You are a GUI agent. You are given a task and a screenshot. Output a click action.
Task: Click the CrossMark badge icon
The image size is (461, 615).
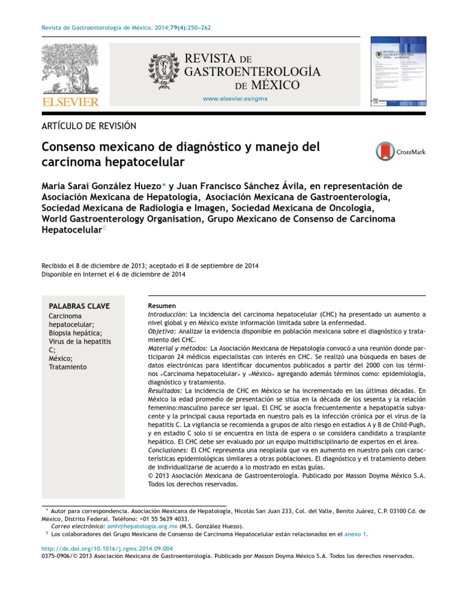click(x=385, y=151)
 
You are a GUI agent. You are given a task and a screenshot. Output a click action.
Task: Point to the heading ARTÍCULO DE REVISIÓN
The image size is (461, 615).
click(x=89, y=126)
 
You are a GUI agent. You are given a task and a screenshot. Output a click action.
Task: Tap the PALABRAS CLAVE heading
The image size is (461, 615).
click(x=79, y=306)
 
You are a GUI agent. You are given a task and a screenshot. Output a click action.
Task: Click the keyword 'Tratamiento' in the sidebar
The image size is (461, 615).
click(x=67, y=367)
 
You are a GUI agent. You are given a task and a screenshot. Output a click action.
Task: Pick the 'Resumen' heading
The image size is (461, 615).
click(x=160, y=306)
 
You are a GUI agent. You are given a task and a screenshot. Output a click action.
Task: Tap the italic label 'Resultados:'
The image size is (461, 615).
click(x=164, y=390)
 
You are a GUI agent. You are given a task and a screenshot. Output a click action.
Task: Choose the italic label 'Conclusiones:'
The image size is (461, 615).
click(x=167, y=450)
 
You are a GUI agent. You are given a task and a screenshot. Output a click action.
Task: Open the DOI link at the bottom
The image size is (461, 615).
click(x=107, y=548)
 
